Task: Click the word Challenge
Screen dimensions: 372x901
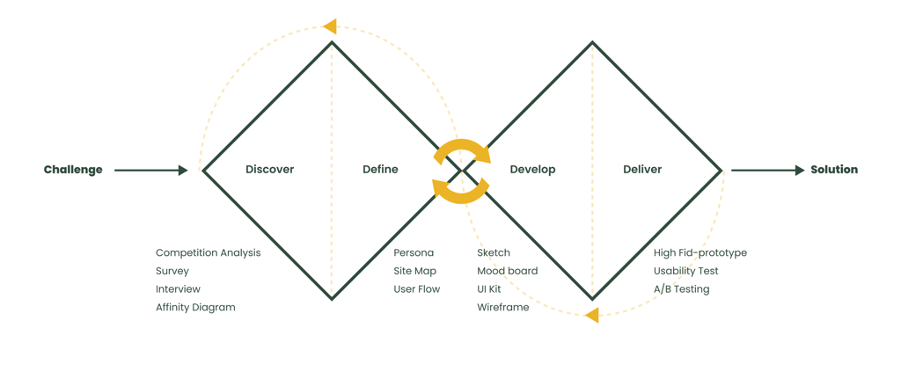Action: point(73,170)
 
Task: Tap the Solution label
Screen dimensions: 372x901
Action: point(834,170)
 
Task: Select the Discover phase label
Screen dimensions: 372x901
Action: point(269,170)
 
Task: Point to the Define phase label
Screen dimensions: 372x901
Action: point(380,170)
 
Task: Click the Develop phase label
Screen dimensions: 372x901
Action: point(532,170)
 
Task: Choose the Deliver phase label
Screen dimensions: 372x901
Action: point(642,170)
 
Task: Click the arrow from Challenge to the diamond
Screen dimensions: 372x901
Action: point(150,170)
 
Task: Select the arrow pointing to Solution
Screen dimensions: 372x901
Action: point(767,170)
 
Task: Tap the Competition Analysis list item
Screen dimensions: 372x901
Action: point(208,253)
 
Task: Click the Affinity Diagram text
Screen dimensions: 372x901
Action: point(195,308)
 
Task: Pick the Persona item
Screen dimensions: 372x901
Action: point(414,253)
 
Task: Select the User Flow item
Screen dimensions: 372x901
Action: point(416,289)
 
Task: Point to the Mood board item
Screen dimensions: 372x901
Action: point(507,271)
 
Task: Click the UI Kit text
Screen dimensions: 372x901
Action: point(489,289)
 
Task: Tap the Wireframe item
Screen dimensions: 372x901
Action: point(503,308)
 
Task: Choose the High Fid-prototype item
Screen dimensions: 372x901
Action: point(700,253)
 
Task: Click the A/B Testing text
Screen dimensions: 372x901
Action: point(681,289)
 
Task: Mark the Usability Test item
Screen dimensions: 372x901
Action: point(685,271)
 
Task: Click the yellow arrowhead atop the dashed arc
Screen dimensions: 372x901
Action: point(330,26)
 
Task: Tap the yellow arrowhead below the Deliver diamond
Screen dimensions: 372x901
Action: point(592,315)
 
